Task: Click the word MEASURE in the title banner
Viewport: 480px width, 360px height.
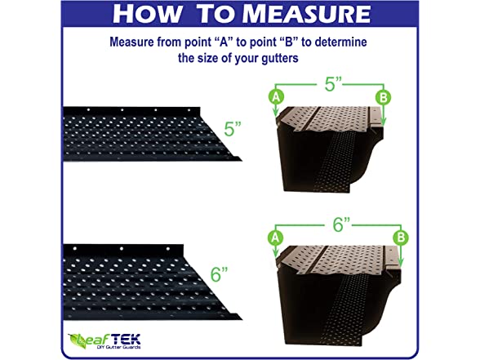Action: click(308, 14)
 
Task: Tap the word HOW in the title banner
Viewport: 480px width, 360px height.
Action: click(147, 14)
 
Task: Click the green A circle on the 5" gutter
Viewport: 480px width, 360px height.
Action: click(276, 96)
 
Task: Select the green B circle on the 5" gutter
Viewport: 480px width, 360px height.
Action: click(384, 98)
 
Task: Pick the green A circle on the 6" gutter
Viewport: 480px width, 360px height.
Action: click(275, 238)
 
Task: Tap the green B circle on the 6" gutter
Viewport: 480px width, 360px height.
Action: click(401, 238)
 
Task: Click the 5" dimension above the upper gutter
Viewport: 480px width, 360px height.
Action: click(333, 84)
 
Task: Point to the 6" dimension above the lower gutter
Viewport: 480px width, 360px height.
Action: click(341, 225)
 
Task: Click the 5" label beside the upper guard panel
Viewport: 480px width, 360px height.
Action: click(233, 129)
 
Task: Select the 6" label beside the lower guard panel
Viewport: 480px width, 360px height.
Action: click(219, 273)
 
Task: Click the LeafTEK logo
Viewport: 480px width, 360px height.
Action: click(104, 341)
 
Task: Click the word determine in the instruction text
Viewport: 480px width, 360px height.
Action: click(340, 42)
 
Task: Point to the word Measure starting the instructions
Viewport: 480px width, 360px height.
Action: click(131, 42)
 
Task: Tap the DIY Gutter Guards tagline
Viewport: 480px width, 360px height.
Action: click(119, 347)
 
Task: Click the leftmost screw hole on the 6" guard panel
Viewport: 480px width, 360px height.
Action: click(75, 248)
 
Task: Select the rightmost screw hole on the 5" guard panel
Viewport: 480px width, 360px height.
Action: click(189, 110)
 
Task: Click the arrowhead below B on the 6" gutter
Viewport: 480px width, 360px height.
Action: click(401, 262)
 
